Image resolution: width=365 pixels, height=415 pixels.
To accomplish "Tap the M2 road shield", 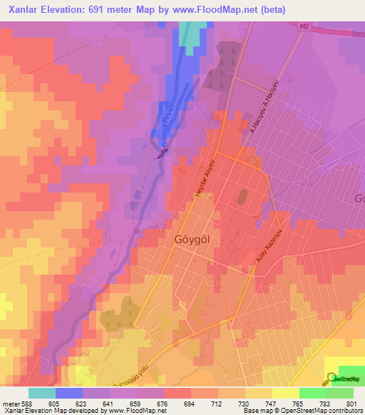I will coord(304,26).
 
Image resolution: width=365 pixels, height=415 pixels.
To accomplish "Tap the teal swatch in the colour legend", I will coord(42,393).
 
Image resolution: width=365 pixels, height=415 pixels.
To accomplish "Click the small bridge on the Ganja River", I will coord(162,150).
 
